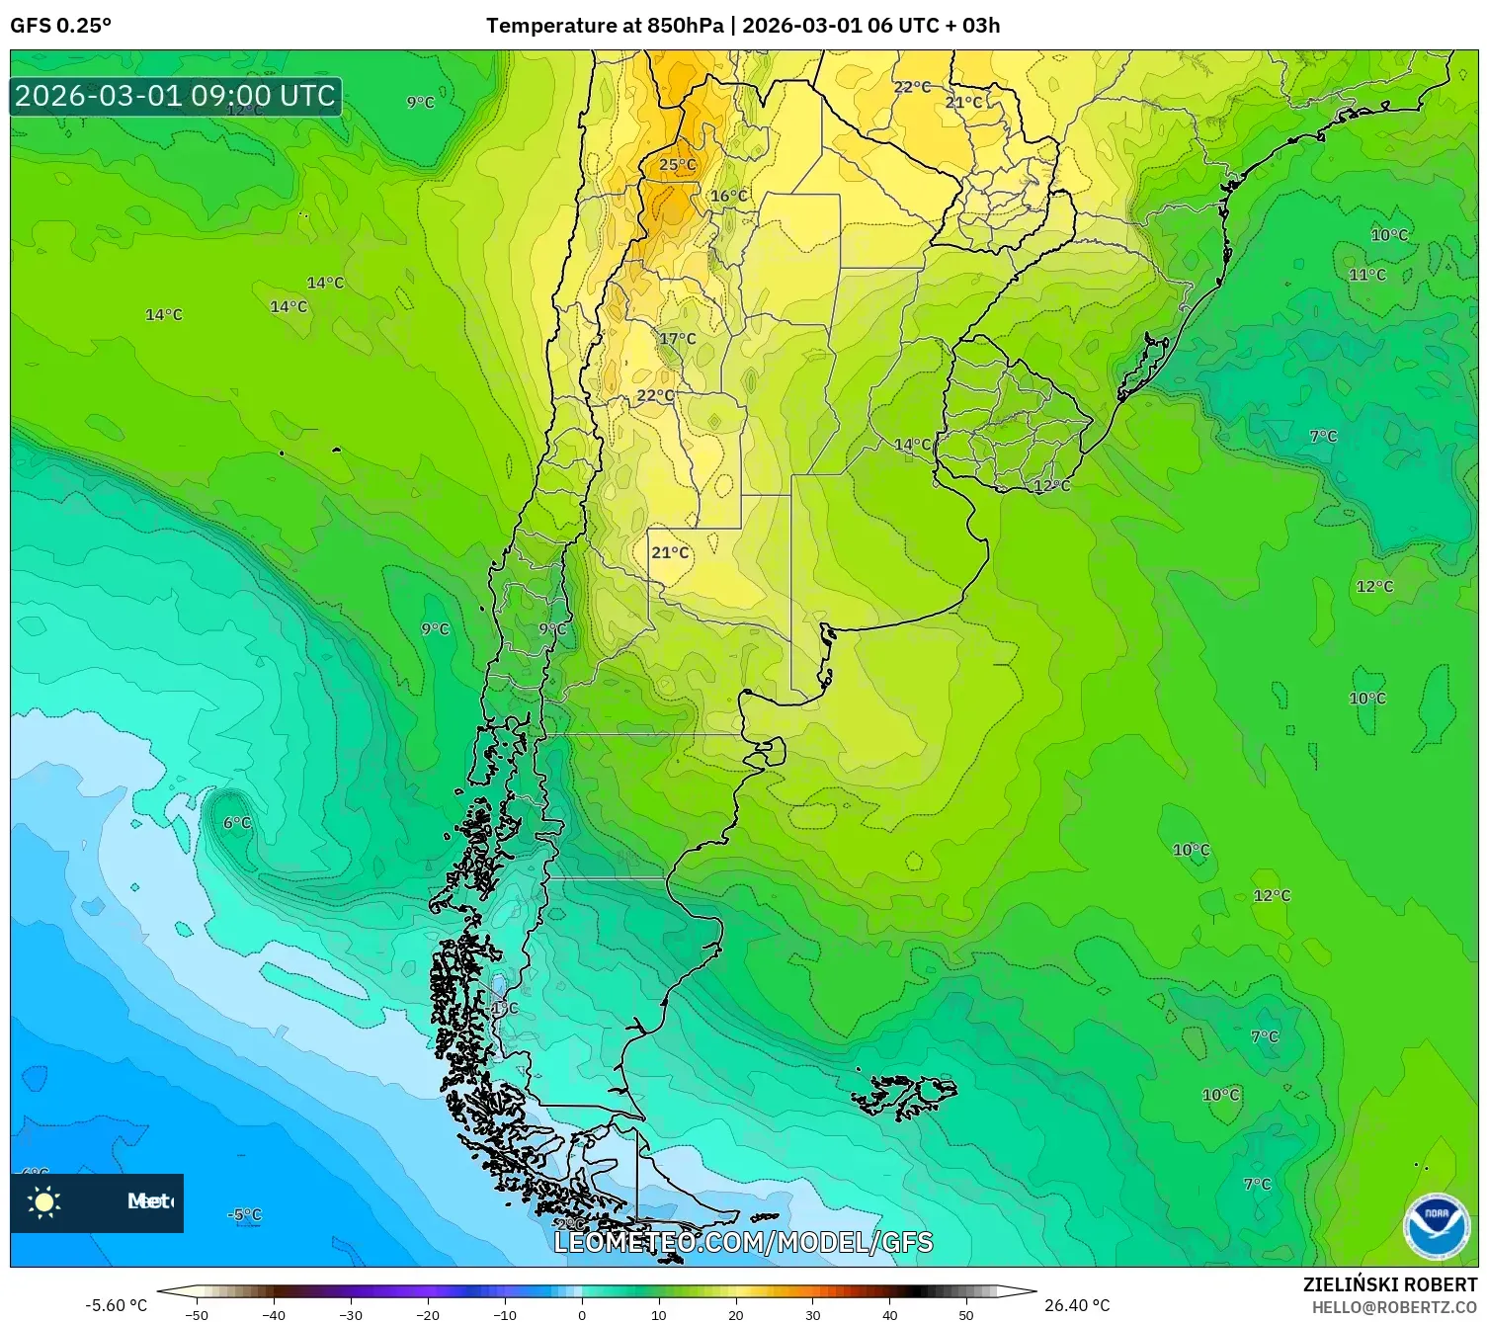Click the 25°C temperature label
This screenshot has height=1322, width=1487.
pyautogui.click(x=678, y=165)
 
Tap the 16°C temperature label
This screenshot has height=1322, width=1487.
pyautogui.click(x=729, y=196)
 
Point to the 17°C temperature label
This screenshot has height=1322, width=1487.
pyautogui.click(x=678, y=339)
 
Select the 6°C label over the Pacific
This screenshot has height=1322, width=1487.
pyautogui.click(x=237, y=823)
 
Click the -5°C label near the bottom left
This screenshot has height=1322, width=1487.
pyautogui.click(x=245, y=1214)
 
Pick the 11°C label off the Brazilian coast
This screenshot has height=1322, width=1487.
pyautogui.click(x=1367, y=275)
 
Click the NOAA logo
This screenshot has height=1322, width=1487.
pyautogui.click(x=1436, y=1226)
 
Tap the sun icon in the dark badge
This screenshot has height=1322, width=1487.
pyautogui.click(x=44, y=1202)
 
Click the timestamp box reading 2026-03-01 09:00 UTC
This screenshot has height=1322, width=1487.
pyautogui.click(x=176, y=97)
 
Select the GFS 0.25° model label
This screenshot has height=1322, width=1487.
pyautogui.click(x=61, y=26)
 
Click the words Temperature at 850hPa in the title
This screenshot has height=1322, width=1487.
pyautogui.click(x=605, y=26)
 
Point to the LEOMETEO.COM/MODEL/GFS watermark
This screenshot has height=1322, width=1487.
pyautogui.click(x=743, y=1242)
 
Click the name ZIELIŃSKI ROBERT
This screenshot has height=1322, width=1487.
pyautogui.click(x=1389, y=1284)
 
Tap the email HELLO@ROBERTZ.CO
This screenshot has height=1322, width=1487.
pyautogui.click(x=1394, y=1307)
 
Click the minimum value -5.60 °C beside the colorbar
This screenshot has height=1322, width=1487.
pyautogui.click(x=116, y=1305)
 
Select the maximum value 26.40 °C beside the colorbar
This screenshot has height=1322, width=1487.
pyautogui.click(x=1077, y=1305)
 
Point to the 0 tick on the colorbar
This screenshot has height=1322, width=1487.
pyautogui.click(x=581, y=1314)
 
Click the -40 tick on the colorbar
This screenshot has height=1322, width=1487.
pyautogui.click(x=274, y=1314)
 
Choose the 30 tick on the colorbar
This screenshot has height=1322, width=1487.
pyautogui.click(x=812, y=1314)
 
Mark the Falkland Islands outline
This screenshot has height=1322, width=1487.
pyautogui.click(x=905, y=1095)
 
